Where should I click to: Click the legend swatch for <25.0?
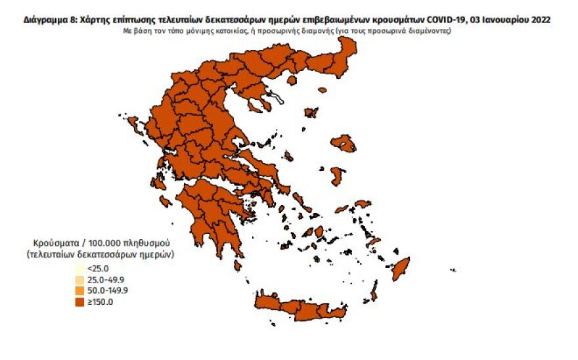tap(79, 269)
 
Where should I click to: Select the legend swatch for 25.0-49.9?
tap(79, 280)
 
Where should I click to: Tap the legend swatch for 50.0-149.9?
tap(79, 290)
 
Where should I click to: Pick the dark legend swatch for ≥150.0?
tap(79, 302)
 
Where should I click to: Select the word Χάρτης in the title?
tap(90, 20)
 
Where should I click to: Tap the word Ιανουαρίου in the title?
tap(506, 20)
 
